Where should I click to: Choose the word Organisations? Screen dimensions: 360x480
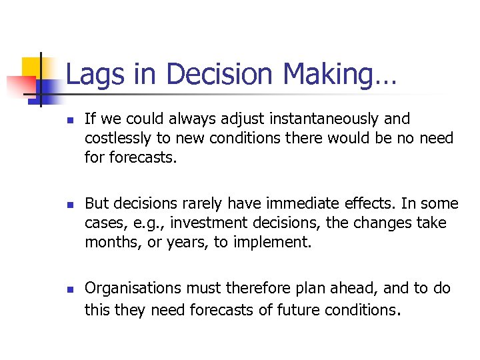133,289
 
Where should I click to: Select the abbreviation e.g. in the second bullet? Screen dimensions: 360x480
134,223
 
